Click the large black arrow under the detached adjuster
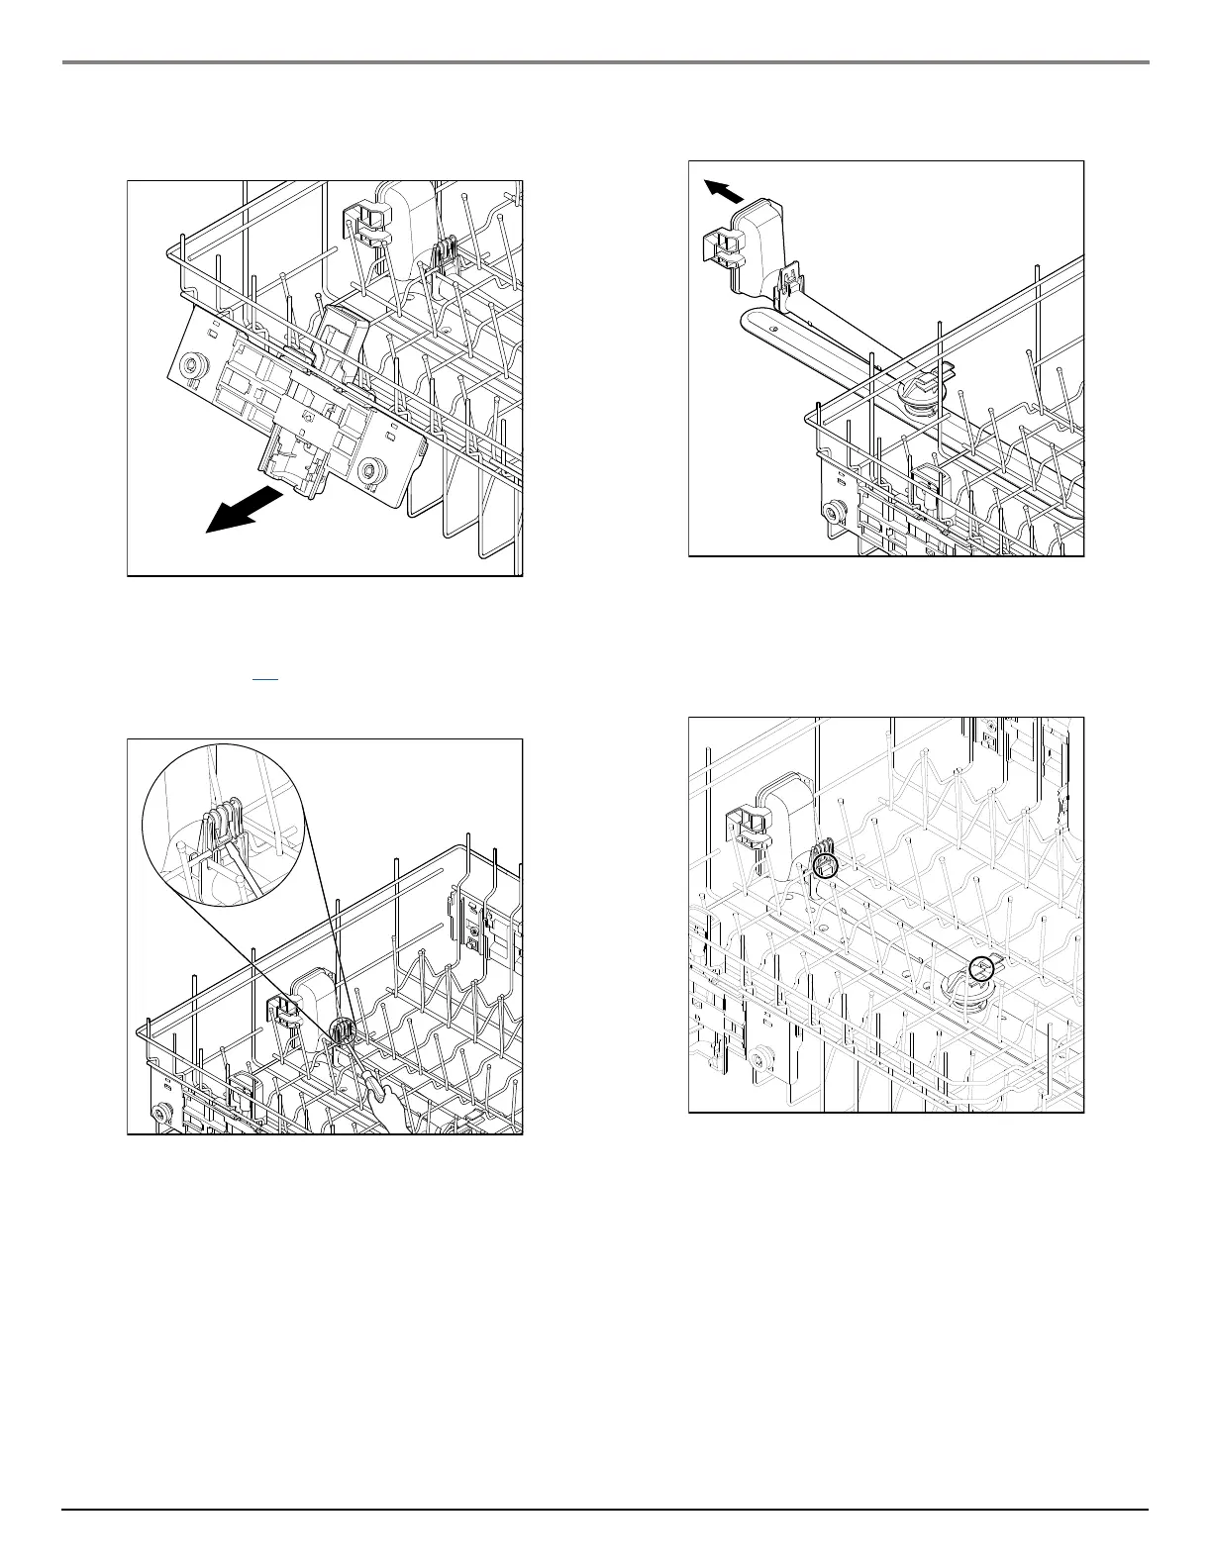click(x=243, y=511)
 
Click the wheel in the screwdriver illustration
click(x=158, y=1116)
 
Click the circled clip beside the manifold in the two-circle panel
click(x=825, y=865)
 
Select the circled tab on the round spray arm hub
click(x=980, y=967)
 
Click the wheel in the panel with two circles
click(x=760, y=1060)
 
